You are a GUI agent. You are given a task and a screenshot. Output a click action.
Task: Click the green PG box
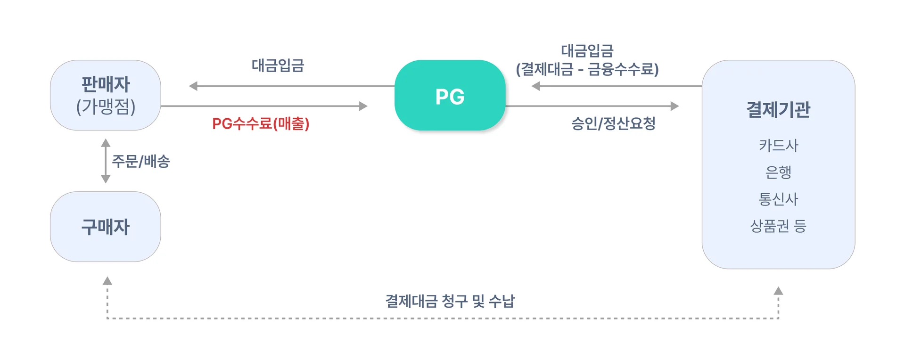(450, 96)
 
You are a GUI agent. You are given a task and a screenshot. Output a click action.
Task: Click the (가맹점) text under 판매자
(106, 106)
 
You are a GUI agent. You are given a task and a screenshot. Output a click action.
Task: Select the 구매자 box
(106, 227)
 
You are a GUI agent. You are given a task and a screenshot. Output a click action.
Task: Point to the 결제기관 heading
(778, 109)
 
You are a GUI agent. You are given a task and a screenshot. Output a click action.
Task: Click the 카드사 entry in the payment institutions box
(778, 145)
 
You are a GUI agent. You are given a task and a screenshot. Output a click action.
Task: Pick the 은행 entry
(778, 172)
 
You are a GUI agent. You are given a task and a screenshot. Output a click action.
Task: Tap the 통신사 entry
(778, 199)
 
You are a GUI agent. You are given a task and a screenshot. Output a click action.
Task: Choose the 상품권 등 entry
(778, 226)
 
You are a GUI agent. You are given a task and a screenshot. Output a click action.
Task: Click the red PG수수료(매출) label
(261, 123)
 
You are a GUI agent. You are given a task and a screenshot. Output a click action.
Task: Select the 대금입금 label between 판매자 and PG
(278, 65)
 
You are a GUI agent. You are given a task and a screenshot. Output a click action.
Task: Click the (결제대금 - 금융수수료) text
(587, 69)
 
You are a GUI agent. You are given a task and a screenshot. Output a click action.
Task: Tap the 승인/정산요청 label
(613, 123)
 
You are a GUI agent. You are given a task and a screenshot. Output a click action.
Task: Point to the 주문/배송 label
(140, 161)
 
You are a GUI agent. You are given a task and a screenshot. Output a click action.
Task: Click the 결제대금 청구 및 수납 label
(450, 301)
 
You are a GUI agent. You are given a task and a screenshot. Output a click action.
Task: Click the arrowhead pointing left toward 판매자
(193, 86)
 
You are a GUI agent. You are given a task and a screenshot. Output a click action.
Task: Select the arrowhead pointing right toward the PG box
(363, 106)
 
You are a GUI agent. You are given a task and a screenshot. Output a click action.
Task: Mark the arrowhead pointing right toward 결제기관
(675, 106)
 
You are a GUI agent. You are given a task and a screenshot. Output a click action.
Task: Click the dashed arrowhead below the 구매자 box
(107, 281)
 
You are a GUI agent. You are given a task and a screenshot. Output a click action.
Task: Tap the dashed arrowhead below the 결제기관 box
(778, 291)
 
